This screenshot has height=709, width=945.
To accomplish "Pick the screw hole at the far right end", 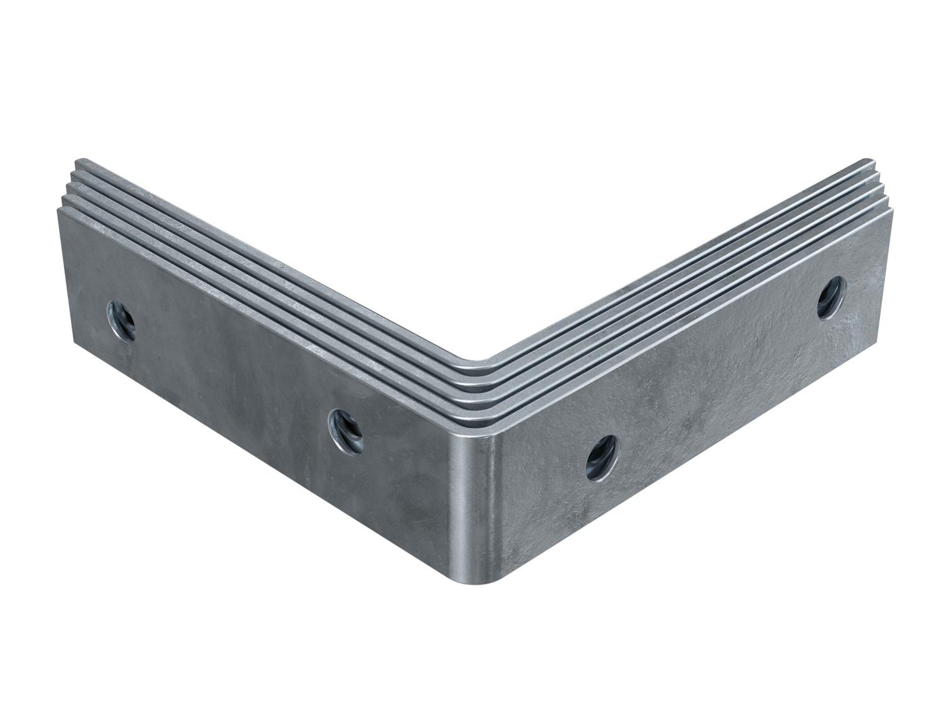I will (x=833, y=298).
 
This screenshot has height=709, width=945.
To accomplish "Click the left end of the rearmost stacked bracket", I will (x=78, y=161).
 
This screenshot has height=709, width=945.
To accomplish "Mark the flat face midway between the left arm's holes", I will (x=233, y=372).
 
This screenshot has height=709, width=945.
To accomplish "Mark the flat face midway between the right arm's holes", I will (x=718, y=378).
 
